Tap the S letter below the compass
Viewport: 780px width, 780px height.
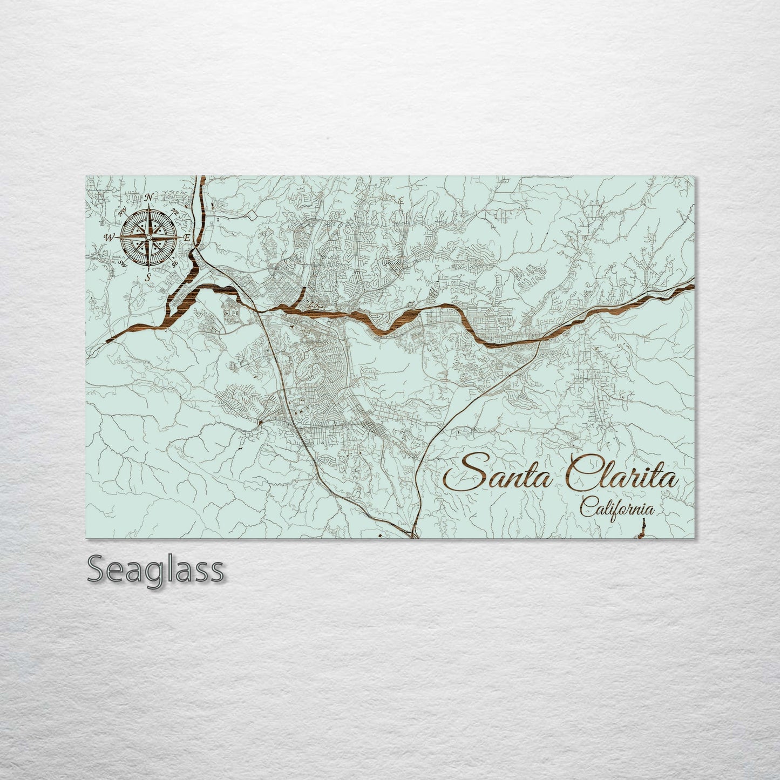(147, 277)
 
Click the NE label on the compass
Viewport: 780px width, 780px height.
(174, 211)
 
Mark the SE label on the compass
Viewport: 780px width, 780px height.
(174, 264)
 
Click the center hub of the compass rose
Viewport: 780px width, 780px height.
(148, 237)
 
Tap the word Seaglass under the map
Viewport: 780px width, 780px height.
(155, 569)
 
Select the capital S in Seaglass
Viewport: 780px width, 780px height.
(96, 569)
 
